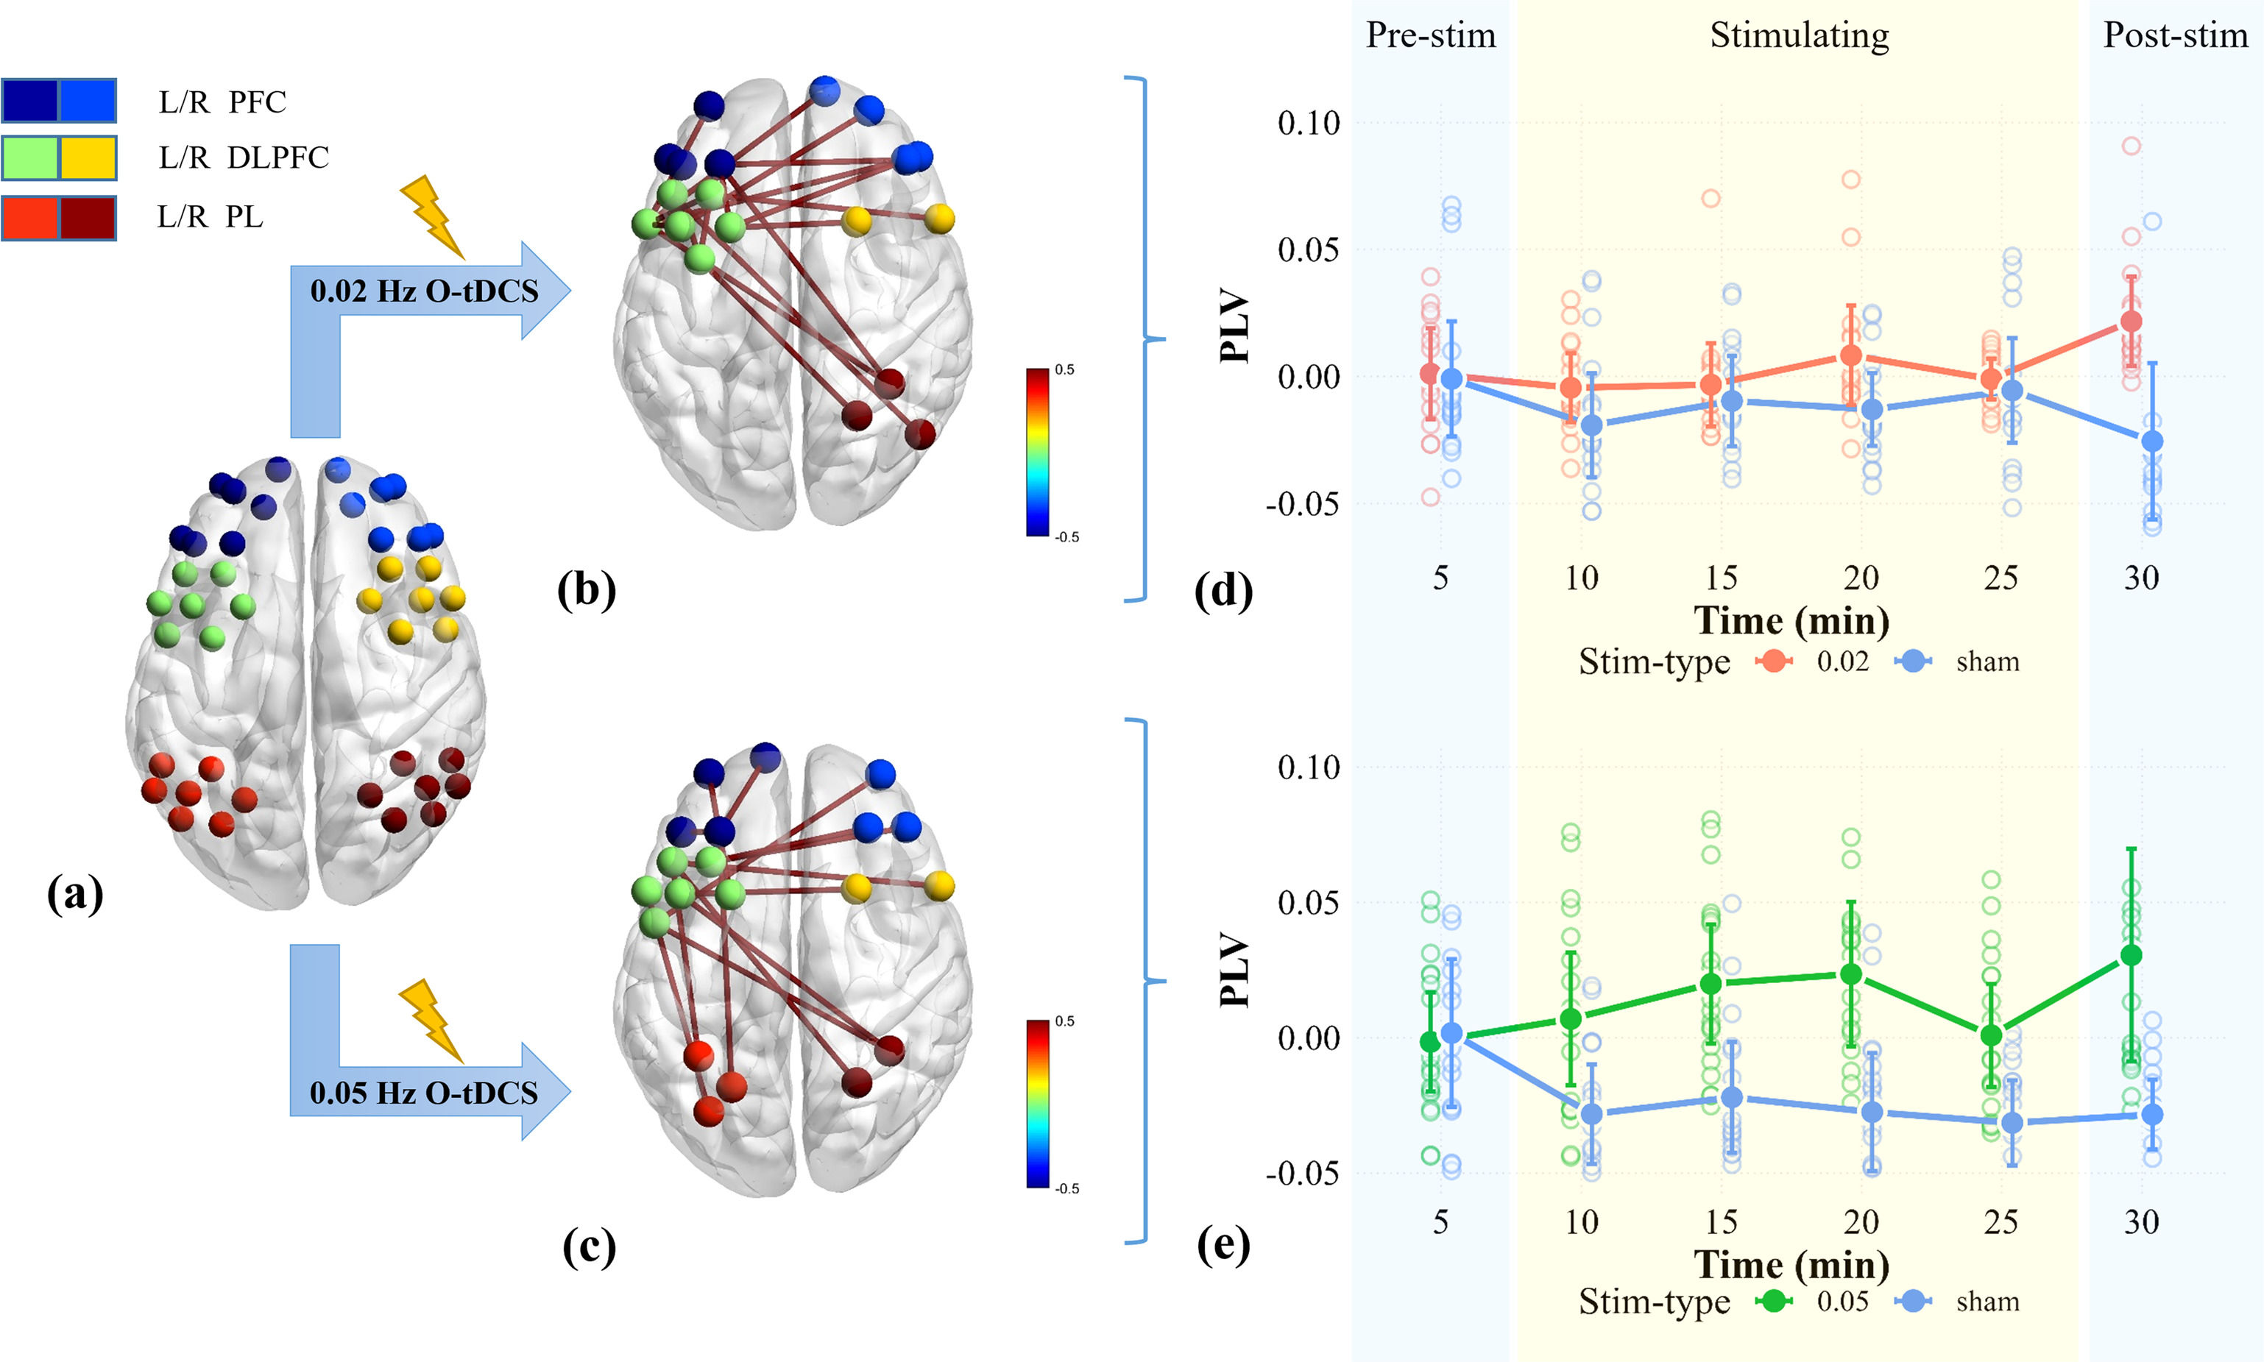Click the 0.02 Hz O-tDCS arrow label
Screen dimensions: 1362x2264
coord(424,291)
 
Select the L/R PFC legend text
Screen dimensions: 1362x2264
coord(222,101)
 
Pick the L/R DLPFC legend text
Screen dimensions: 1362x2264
coord(244,158)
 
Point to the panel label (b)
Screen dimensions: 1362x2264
coord(587,589)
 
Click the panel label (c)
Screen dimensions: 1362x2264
coord(589,1246)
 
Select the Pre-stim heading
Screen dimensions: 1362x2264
coord(1430,35)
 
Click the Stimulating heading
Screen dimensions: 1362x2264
coord(1799,35)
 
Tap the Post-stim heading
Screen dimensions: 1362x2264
coord(2175,35)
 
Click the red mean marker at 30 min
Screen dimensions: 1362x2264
coord(2131,322)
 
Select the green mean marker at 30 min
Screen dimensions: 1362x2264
coord(2131,955)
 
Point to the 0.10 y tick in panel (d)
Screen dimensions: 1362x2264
coord(1308,123)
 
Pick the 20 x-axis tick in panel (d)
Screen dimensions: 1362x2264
coord(1861,578)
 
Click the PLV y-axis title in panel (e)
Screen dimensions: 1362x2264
coord(1236,969)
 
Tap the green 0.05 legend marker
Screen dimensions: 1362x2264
coord(1774,1302)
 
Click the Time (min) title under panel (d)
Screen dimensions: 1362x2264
coord(1791,620)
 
